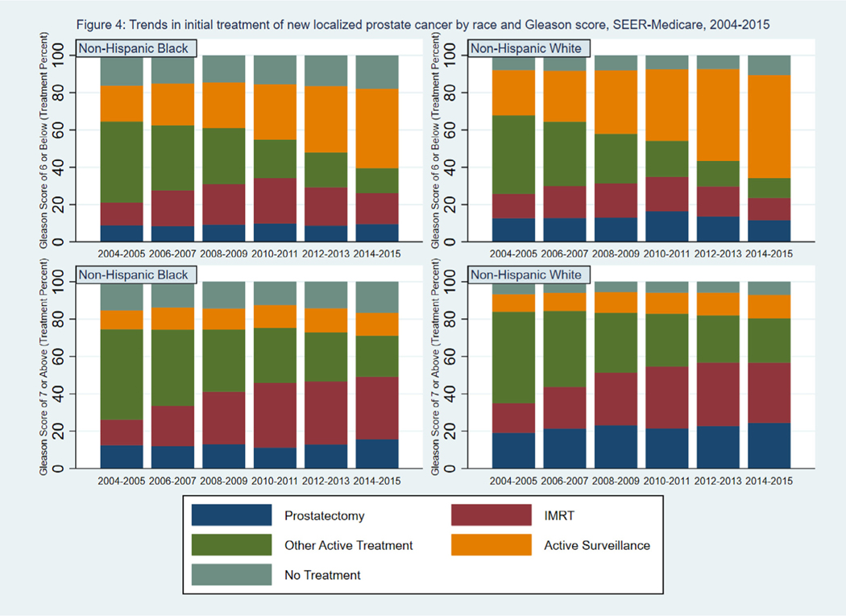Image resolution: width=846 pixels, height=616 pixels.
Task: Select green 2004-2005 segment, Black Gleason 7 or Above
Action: click(122, 374)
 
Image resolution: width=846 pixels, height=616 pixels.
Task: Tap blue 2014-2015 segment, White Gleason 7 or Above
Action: click(769, 445)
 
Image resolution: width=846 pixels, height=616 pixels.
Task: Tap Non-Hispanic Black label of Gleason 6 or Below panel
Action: click(133, 48)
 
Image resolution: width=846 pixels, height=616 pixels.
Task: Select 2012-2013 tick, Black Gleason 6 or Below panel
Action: click(326, 254)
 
